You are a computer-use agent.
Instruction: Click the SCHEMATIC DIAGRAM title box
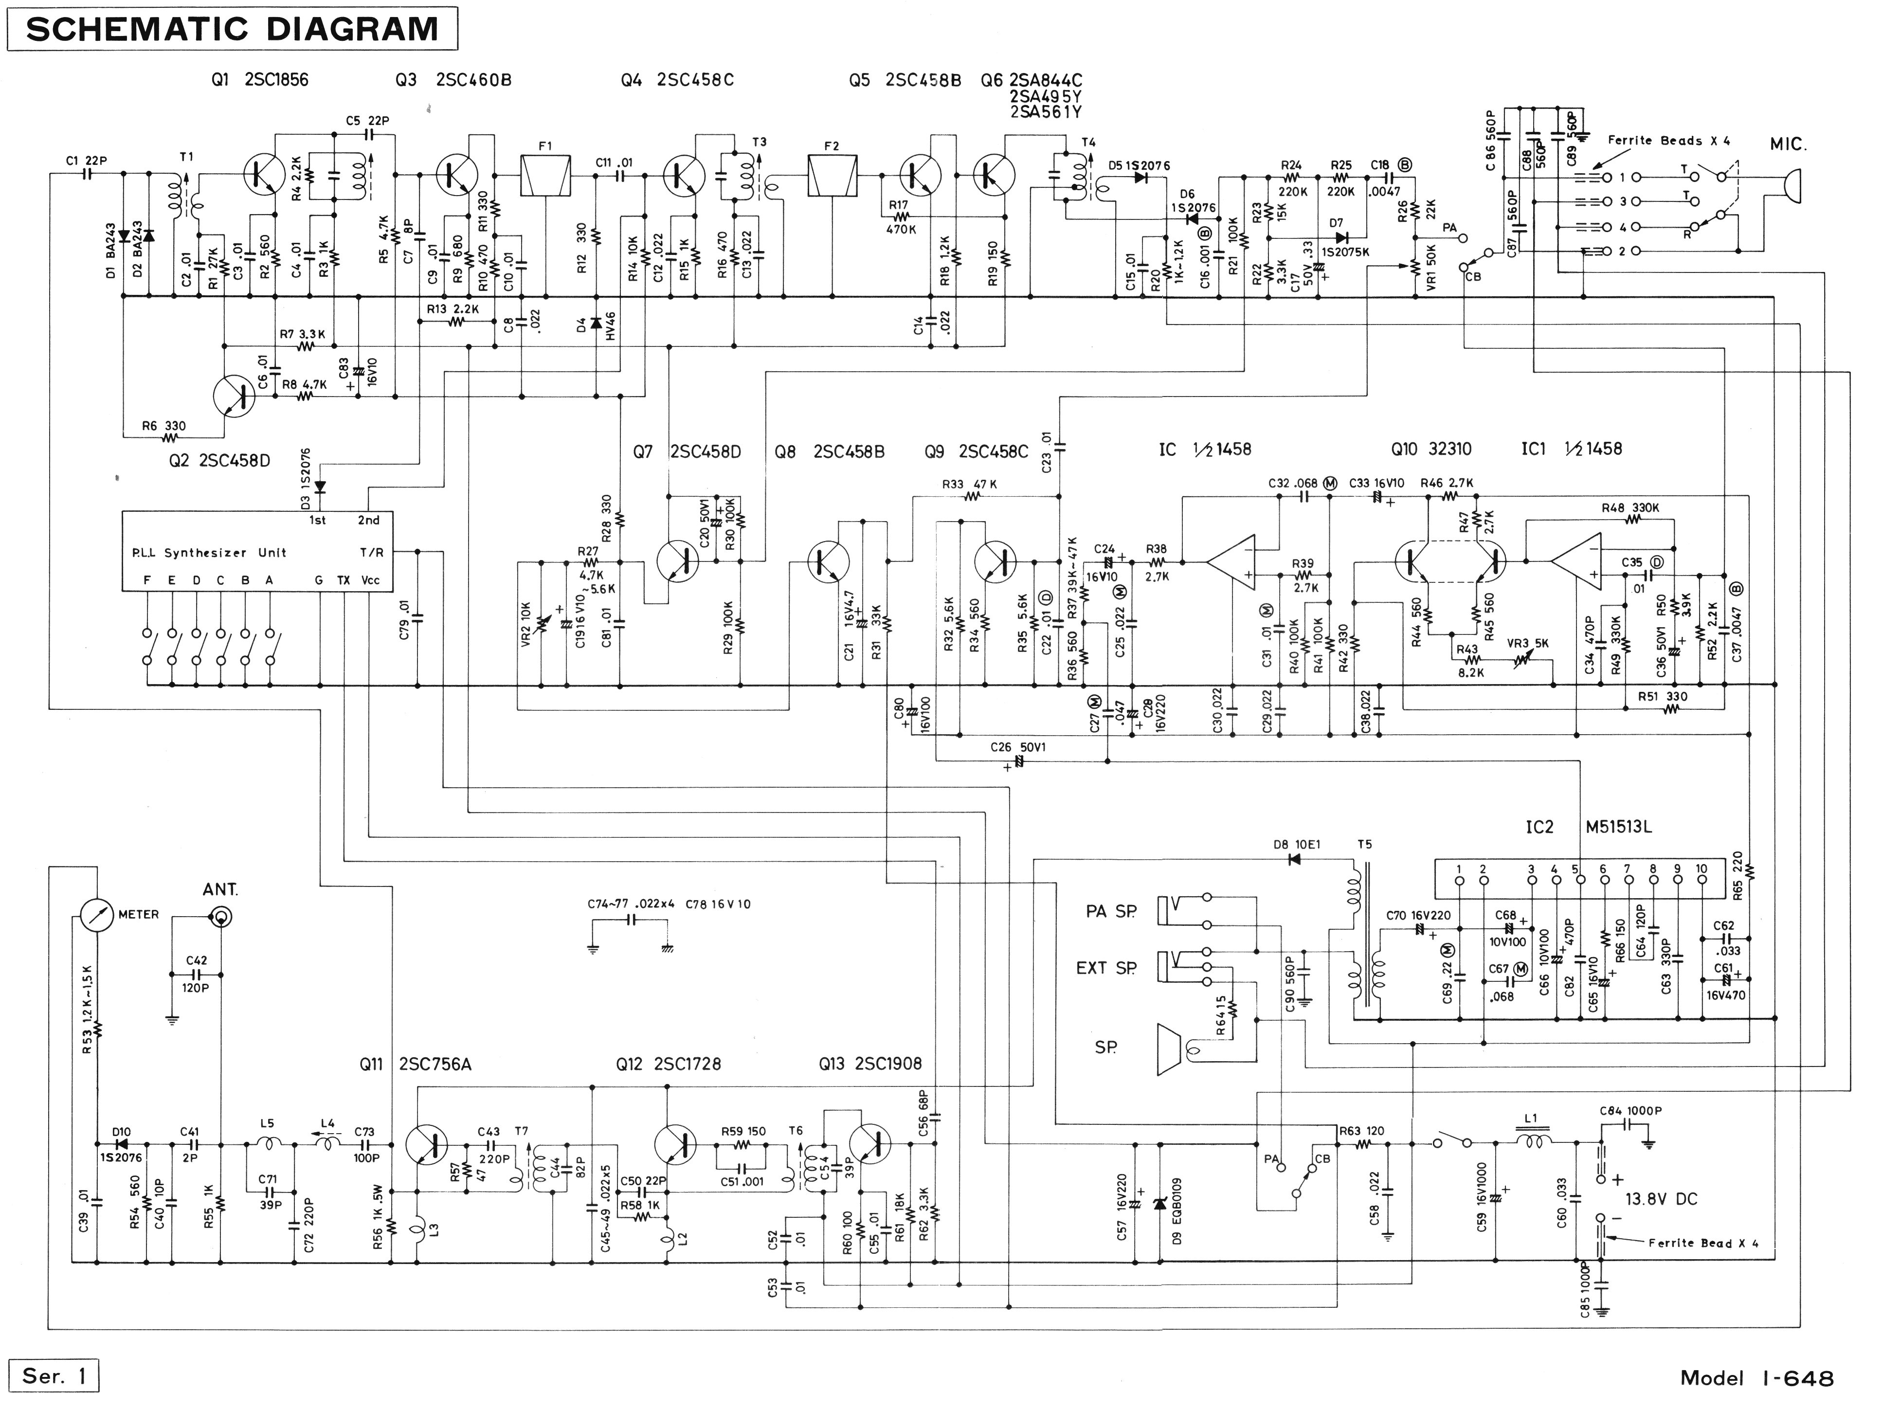click(232, 29)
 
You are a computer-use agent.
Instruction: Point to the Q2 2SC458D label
click(219, 461)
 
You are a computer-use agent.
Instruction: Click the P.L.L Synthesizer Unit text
click(209, 553)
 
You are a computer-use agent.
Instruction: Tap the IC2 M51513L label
click(1589, 827)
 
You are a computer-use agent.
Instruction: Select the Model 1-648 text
click(1756, 1378)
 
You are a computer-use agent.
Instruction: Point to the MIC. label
click(1788, 145)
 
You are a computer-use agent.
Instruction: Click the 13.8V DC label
click(1661, 1199)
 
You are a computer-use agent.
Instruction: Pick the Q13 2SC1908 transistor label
click(870, 1064)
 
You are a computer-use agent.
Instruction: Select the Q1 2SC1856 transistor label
click(260, 80)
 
